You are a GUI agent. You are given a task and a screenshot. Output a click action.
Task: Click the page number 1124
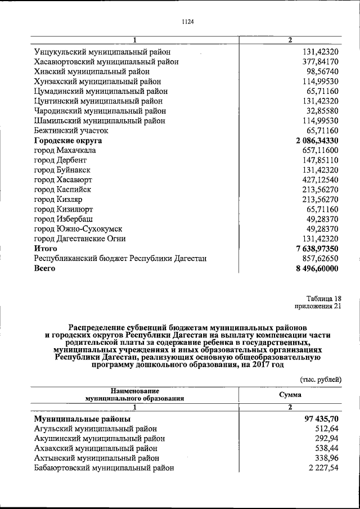[x=188, y=22]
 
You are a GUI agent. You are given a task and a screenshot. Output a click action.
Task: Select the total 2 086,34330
[x=312, y=141]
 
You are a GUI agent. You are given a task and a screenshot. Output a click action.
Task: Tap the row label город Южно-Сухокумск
[x=78, y=229]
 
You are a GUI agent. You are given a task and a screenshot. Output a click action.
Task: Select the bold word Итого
[x=46, y=248]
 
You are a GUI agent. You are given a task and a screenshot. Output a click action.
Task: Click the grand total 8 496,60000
[x=312, y=268]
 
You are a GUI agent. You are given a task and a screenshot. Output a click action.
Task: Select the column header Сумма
[x=290, y=395]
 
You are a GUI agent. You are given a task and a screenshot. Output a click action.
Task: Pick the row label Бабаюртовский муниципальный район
[x=104, y=467]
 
